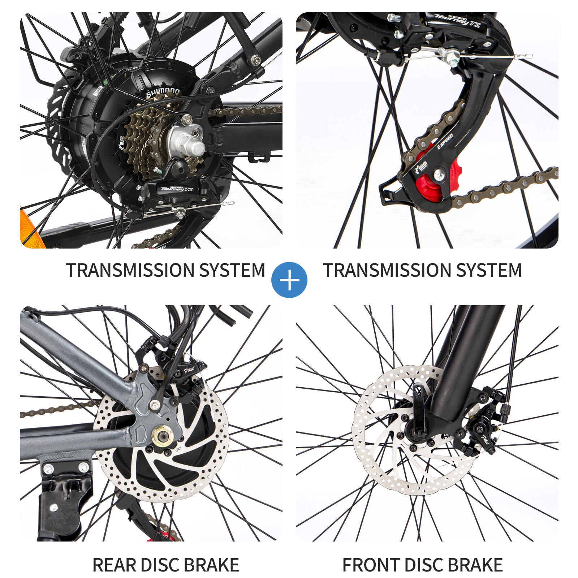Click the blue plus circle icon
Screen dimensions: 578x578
(x=289, y=280)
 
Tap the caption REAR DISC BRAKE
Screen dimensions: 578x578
(x=166, y=565)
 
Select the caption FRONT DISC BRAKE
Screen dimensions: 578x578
(x=422, y=565)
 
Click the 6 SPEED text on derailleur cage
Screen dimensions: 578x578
(x=445, y=141)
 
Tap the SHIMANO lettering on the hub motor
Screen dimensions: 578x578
(x=162, y=92)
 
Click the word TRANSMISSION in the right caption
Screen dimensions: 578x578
(x=387, y=270)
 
